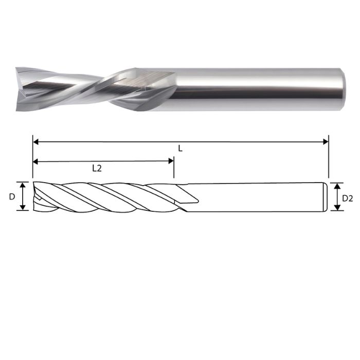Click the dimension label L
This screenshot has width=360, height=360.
point(180,148)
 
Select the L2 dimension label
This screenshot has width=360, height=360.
point(96,168)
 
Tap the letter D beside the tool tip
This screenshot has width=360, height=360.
point(11,196)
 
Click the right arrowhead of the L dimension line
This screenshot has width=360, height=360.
point(325,141)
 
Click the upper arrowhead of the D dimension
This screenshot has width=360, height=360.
point(22,185)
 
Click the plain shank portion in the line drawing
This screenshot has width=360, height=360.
point(257,196)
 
